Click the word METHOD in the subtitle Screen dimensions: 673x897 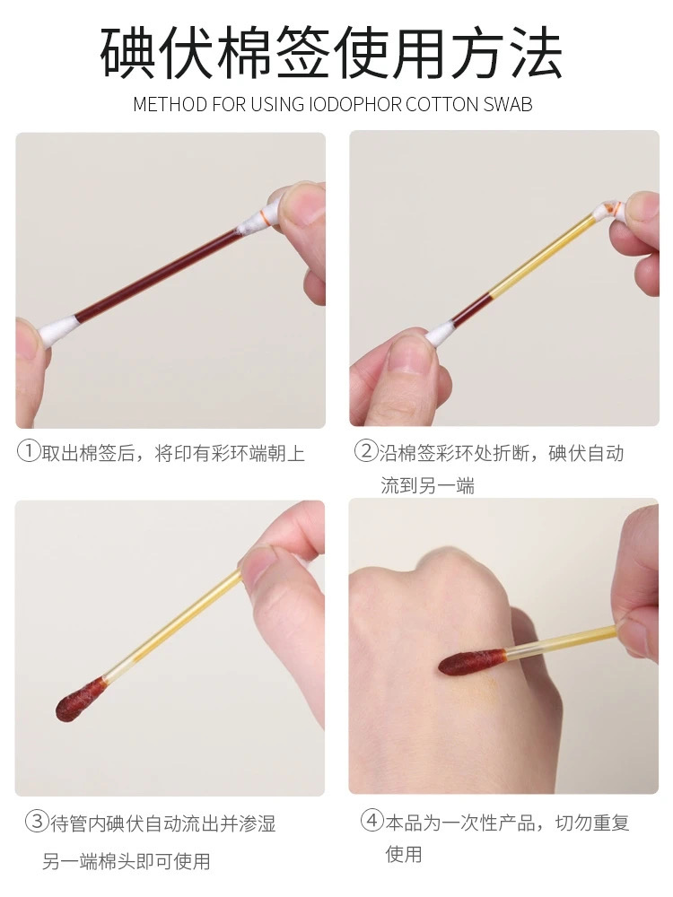pyautogui.click(x=170, y=104)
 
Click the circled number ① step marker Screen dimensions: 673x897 pyautogui.click(x=29, y=452)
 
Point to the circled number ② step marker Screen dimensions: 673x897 pyautogui.click(x=366, y=451)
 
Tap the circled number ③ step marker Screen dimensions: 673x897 pyautogui.click(x=37, y=822)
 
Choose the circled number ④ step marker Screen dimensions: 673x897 pyautogui.click(x=371, y=821)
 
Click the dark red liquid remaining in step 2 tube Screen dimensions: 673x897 pyautogui.click(x=473, y=309)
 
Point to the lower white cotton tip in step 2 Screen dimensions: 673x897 pyautogui.click(x=441, y=333)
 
